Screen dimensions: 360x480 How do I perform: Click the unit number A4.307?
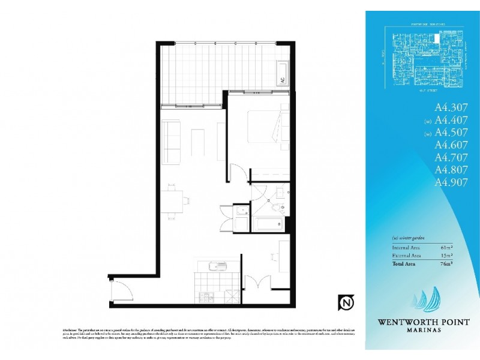tap(451, 109)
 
